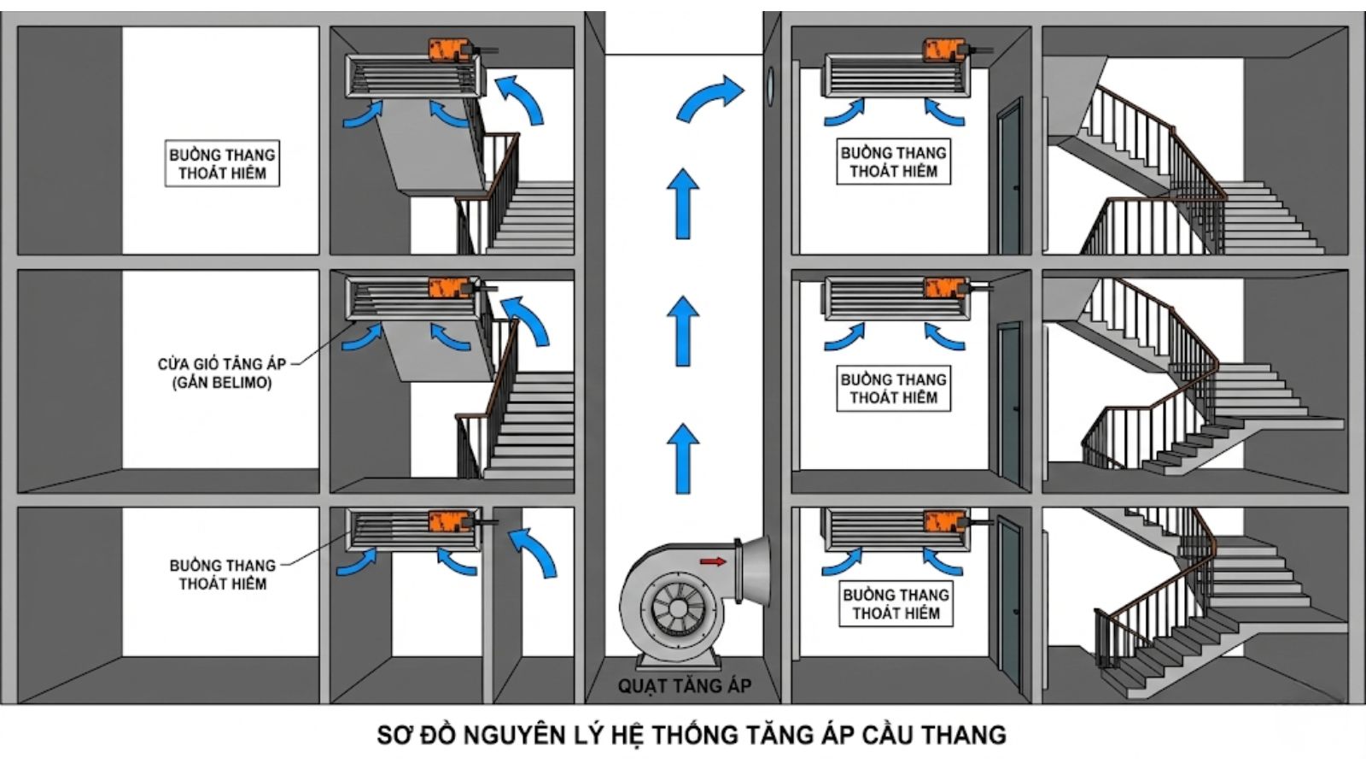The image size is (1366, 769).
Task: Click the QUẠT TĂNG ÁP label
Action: pos(685,686)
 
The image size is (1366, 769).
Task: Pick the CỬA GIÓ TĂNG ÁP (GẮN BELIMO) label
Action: pos(222,373)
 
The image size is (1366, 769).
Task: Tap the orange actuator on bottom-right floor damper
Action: pos(945,521)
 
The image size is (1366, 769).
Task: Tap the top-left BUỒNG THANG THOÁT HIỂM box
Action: pos(222,164)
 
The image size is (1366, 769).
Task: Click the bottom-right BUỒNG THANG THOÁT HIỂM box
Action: pos(896,604)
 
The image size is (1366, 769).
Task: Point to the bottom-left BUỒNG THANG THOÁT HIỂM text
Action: pos(222,574)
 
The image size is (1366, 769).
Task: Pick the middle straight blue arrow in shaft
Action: pos(682,331)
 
